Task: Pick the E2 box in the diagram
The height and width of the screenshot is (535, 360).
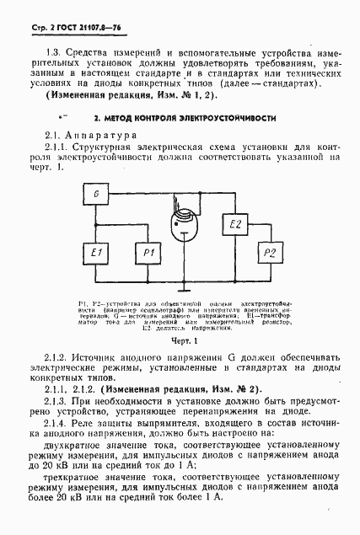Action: pos(236,223)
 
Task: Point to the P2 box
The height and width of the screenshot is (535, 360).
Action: pos(270,252)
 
